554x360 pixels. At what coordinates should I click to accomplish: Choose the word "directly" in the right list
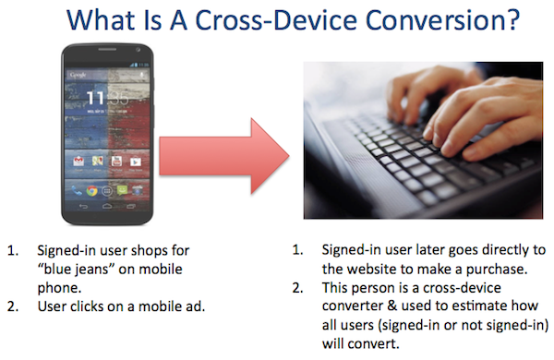[x=504, y=250]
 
